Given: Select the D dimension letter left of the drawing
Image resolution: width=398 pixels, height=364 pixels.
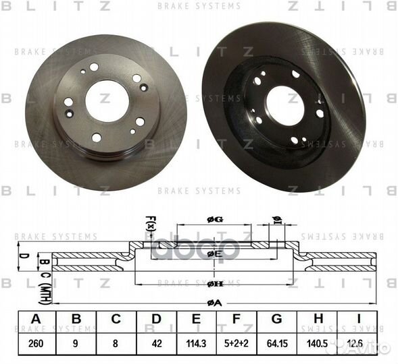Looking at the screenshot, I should pyautogui.click(x=22, y=256).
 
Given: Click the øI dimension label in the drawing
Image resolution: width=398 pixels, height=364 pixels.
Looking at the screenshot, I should pyautogui.click(x=276, y=220).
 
